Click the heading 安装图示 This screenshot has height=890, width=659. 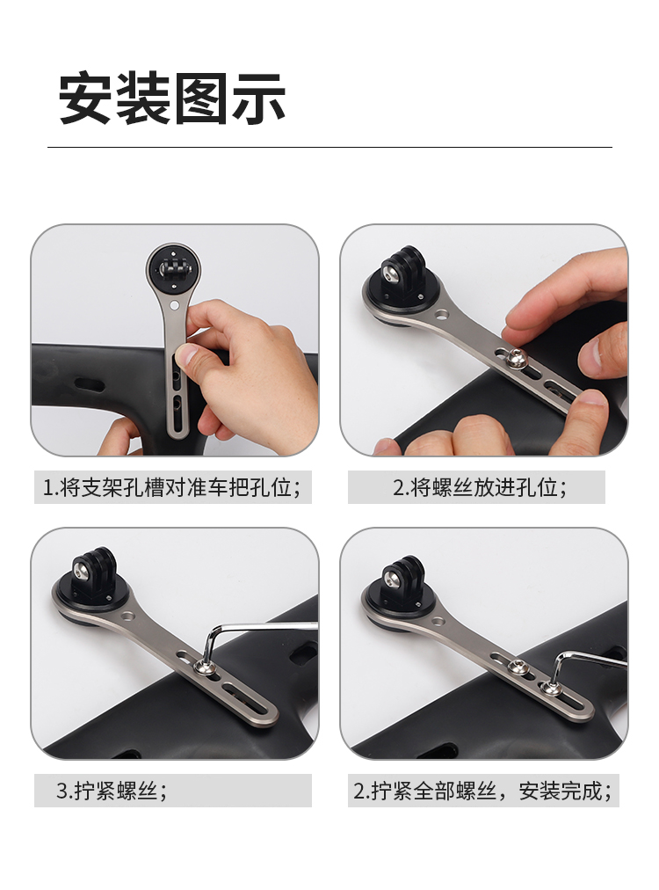click(172, 98)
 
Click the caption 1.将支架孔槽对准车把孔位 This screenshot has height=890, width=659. click(172, 487)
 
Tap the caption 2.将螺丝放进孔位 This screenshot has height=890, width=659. click(480, 487)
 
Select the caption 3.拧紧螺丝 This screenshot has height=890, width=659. click(112, 790)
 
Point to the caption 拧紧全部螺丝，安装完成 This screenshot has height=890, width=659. click(482, 790)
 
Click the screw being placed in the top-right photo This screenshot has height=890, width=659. click(517, 357)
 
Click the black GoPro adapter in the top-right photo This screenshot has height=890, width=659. click(402, 274)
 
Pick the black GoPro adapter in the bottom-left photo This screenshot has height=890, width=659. click(93, 574)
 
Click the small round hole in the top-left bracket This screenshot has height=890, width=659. click(174, 305)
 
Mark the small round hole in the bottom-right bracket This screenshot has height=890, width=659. click(438, 622)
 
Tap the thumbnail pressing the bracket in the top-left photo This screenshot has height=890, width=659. click(185, 356)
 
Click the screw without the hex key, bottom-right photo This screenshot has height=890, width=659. click(516, 666)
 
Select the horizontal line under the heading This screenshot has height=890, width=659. click(329, 147)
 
